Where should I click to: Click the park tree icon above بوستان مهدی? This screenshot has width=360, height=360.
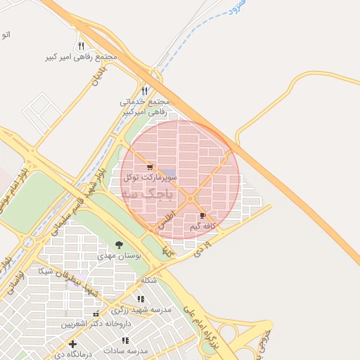click(x=119, y=245)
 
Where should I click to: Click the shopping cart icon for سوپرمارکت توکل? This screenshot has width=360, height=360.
click(x=150, y=167)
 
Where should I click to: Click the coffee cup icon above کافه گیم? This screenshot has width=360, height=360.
click(x=203, y=216)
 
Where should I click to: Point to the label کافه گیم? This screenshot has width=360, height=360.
click(x=201, y=226)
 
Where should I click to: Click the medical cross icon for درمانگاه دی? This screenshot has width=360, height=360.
click(x=72, y=344)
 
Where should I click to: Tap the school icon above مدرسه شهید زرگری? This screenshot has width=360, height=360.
click(x=141, y=299)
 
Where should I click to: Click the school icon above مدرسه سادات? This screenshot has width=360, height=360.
click(x=126, y=340)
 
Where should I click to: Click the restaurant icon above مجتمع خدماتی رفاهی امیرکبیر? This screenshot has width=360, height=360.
click(x=145, y=91)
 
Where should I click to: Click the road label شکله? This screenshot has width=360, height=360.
click(x=148, y=281)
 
